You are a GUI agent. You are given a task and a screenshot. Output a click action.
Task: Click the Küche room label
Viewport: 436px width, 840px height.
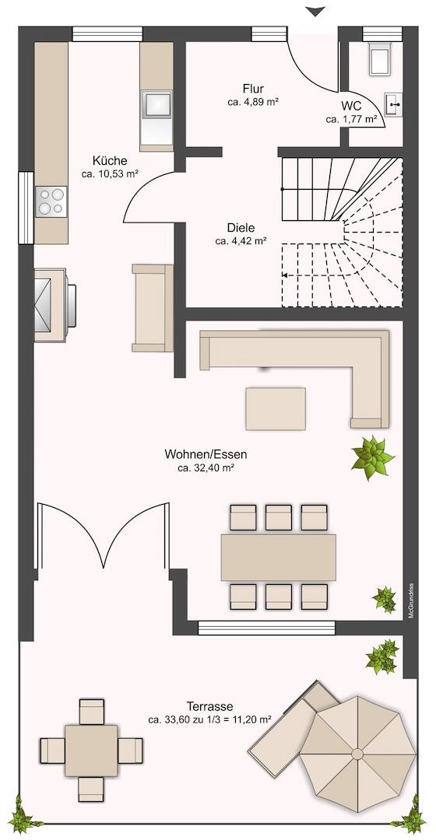coord(110,160)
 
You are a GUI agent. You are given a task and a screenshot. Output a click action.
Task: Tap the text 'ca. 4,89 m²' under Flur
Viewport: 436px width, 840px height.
coord(252,101)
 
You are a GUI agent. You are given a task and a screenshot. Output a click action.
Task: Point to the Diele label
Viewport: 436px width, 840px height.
coord(241,228)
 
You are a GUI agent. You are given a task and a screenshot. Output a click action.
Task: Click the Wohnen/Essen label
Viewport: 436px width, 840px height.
coord(206,455)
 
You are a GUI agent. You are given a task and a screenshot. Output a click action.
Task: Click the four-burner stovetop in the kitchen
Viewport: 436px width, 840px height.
coord(51,201)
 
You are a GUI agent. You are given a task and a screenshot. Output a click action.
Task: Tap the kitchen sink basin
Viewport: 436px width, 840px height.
coord(156,104)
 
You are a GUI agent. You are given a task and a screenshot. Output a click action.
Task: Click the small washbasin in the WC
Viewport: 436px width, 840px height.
coord(394,104)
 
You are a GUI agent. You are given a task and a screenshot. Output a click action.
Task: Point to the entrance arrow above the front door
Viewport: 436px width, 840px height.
coord(316,11)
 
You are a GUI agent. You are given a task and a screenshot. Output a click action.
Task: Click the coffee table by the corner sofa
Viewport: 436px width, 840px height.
coord(276,409)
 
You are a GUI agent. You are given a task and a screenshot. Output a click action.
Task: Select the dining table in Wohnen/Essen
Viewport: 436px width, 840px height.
coord(278,558)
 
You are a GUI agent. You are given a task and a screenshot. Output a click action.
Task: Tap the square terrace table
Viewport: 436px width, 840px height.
coord(92,751)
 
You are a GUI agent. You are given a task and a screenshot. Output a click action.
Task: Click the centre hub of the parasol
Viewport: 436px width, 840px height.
coord(357,754)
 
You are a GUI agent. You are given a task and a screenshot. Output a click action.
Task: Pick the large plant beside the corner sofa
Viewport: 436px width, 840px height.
coord(372,457)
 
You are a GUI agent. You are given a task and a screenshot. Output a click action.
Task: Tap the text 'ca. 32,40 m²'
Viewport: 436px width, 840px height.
coord(206,468)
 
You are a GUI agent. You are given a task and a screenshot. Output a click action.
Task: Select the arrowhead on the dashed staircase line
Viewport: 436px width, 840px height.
coord(284,275)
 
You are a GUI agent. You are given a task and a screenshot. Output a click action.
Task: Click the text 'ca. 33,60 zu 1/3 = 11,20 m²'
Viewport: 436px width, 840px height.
coord(209,719)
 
